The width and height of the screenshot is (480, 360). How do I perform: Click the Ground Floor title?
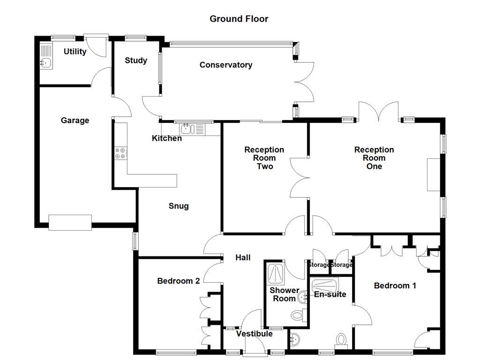click(239, 19)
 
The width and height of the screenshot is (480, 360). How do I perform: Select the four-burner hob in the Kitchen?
click(120, 153)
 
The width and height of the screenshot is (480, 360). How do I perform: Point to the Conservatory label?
click(225, 65)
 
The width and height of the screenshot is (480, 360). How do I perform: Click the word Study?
click(136, 60)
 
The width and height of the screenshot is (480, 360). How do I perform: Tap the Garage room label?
click(75, 120)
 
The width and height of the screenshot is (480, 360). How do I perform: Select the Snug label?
click(179, 206)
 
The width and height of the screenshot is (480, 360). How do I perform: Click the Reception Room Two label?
click(264, 158)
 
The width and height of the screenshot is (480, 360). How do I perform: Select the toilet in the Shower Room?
click(297, 315)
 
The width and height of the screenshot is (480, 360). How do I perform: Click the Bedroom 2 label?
click(178, 281)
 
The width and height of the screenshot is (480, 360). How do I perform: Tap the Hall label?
click(243, 257)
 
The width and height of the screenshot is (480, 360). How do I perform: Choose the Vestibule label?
click(254, 334)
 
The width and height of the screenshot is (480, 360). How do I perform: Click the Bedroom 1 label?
click(395, 285)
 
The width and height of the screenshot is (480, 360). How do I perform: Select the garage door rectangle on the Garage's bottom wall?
click(70, 222)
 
